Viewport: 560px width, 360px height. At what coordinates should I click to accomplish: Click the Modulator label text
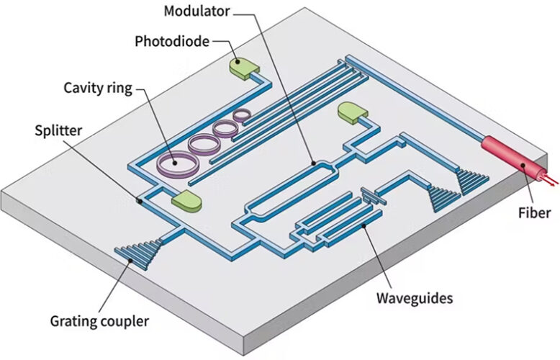(x=197, y=11)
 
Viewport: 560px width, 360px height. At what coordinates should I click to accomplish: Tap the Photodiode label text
(x=172, y=42)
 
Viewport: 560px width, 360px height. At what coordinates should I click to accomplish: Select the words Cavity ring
(x=98, y=88)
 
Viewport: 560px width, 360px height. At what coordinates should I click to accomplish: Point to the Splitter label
(x=58, y=130)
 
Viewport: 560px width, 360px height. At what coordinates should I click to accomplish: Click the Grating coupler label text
(x=99, y=321)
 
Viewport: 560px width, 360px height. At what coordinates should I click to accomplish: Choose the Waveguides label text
(x=415, y=298)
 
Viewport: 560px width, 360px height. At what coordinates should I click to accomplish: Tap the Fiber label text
(x=534, y=213)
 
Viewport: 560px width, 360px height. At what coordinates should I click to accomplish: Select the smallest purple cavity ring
(x=242, y=115)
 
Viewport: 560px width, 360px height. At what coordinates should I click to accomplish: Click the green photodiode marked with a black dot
(x=244, y=68)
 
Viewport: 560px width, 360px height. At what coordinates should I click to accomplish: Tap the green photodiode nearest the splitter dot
(x=186, y=201)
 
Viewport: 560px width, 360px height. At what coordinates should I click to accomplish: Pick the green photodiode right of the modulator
(x=353, y=113)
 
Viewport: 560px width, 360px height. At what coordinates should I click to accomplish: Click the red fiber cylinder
(x=514, y=158)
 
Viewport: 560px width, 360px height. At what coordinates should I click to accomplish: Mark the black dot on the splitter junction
(x=140, y=202)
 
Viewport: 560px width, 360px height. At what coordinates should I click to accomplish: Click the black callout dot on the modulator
(x=314, y=163)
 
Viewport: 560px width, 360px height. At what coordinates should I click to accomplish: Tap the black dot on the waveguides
(x=363, y=225)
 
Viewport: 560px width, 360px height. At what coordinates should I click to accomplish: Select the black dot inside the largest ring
(x=175, y=163)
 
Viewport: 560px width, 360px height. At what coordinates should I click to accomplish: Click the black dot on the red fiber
(x=523, y=165)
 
